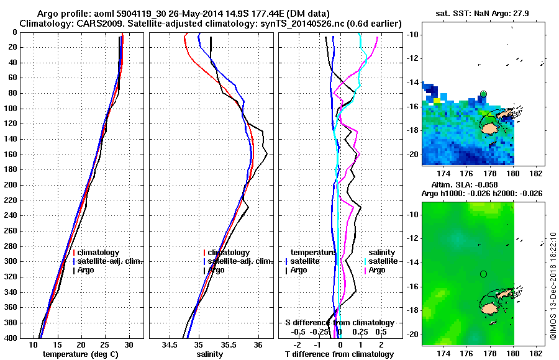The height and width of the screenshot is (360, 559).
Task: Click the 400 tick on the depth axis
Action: tap(11, 338)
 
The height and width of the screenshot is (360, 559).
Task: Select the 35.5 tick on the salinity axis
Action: tap(229, 345)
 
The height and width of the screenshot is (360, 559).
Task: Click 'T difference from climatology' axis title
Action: tap(339, 354)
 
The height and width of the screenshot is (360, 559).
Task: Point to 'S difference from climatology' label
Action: tap(340, 323)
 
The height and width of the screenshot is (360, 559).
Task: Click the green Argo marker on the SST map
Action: tap(483, 94)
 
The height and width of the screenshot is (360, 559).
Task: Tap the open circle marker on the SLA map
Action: tap(483, 274)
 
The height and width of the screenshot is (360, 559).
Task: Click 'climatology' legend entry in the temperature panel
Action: tap(99, 253)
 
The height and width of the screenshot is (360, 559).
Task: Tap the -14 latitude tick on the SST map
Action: tap(412, 82)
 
